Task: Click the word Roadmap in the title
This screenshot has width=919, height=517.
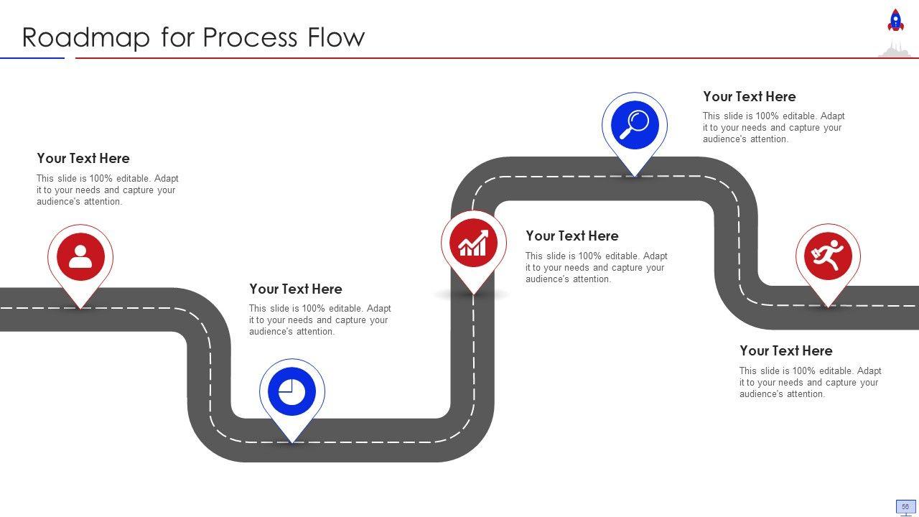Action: point(86,37)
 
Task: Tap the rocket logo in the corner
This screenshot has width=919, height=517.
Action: point(895,20)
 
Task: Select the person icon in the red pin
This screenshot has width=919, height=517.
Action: point(80,256)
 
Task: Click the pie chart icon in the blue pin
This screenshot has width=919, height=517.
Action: point(291,391)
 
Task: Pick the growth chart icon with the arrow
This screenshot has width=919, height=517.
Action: point(473,243)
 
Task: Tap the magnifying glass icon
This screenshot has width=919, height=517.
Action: point(634,125)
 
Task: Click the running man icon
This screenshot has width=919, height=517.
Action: point(828,256)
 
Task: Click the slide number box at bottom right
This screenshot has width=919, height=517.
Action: point(905,507)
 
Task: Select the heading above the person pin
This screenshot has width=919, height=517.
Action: point(83,159)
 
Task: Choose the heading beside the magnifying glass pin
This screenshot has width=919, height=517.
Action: point(750,96)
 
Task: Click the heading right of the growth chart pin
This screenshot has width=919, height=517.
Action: point(572,236)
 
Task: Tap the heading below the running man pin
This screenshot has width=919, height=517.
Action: point(786,351)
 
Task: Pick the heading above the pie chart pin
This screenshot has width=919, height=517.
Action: point(295,289)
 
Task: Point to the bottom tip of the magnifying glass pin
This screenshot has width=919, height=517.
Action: point(634,177)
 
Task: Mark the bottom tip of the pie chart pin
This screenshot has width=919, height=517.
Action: point(292,443)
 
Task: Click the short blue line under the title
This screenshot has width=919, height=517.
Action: point(32,58)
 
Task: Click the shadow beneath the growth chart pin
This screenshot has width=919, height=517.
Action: point(472,294)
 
